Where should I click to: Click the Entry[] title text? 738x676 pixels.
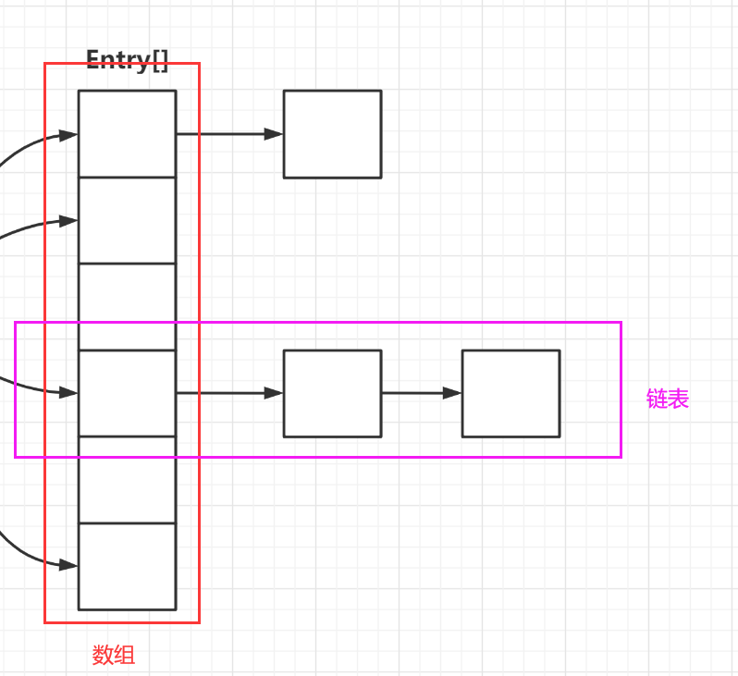coord(128,60)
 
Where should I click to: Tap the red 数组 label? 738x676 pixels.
coord(114,656)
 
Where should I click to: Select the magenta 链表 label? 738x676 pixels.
coord(668,399)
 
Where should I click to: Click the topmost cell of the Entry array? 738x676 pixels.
coord(127,133)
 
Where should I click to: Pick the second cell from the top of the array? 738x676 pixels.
coord(127,220)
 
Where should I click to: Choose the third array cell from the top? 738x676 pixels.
coord(127,306)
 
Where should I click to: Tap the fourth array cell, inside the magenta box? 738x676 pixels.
coord(127,393)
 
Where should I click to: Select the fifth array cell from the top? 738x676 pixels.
coord(127,479)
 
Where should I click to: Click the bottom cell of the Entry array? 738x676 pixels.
coord(127,566)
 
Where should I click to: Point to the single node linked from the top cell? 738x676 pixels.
coord(332,134)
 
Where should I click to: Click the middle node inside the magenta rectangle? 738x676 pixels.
coord(332,393)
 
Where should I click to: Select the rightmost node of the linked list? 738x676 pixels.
coord(510,393)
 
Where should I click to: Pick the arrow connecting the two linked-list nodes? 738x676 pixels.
coord(421,393)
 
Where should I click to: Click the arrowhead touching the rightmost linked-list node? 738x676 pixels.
coord(453,393)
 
